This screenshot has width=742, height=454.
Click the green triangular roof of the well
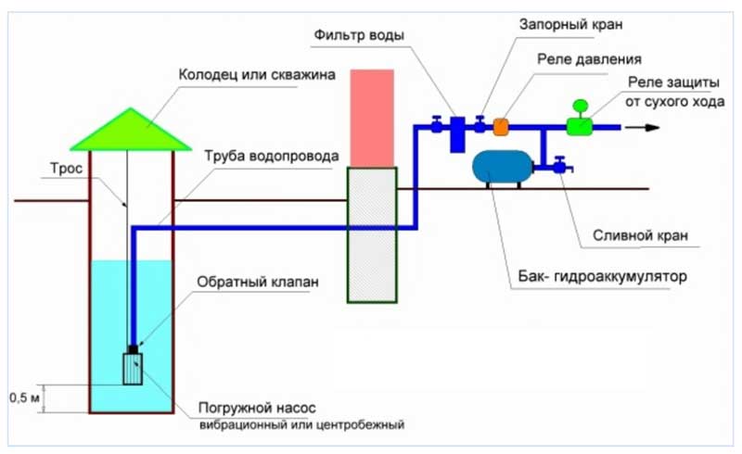click(x=131, y=132)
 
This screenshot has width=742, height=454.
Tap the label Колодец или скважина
click(x=259, y=72)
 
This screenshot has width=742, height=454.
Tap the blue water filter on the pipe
click(x=457, y=135)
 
